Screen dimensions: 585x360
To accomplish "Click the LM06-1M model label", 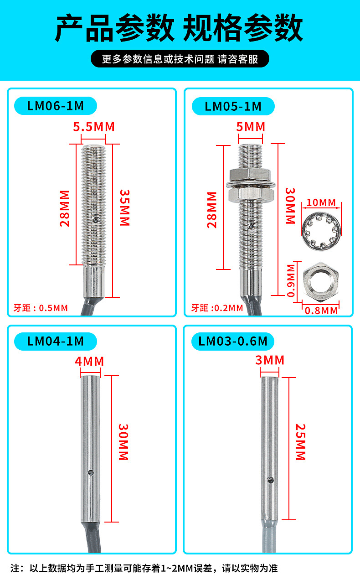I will tap(56, 106).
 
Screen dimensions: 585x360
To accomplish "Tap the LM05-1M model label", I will tap(233, 106).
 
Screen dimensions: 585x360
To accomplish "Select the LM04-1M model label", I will tap(56, 341).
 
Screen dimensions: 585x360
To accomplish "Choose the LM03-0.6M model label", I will tap(233, 341).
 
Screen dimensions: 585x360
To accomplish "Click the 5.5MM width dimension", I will tap(94, 126).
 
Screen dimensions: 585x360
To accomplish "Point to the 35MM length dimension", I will tap(124, 207).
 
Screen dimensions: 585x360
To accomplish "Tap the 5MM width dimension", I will tap(251, 126).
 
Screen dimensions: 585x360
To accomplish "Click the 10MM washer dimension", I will tap(321, 202).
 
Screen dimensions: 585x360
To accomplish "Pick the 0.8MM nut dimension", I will tap(321, 311).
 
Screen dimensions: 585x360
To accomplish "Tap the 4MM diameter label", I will tap(89, 362).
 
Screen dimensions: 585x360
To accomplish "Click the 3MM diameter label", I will tap(270, 360).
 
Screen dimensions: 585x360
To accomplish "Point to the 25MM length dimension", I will tap(300, 442).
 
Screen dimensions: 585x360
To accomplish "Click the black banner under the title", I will tap(180, 59).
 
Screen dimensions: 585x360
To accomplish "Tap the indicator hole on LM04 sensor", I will tap(90, 472).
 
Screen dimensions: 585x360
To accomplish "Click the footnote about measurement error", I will tap(144, 568).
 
